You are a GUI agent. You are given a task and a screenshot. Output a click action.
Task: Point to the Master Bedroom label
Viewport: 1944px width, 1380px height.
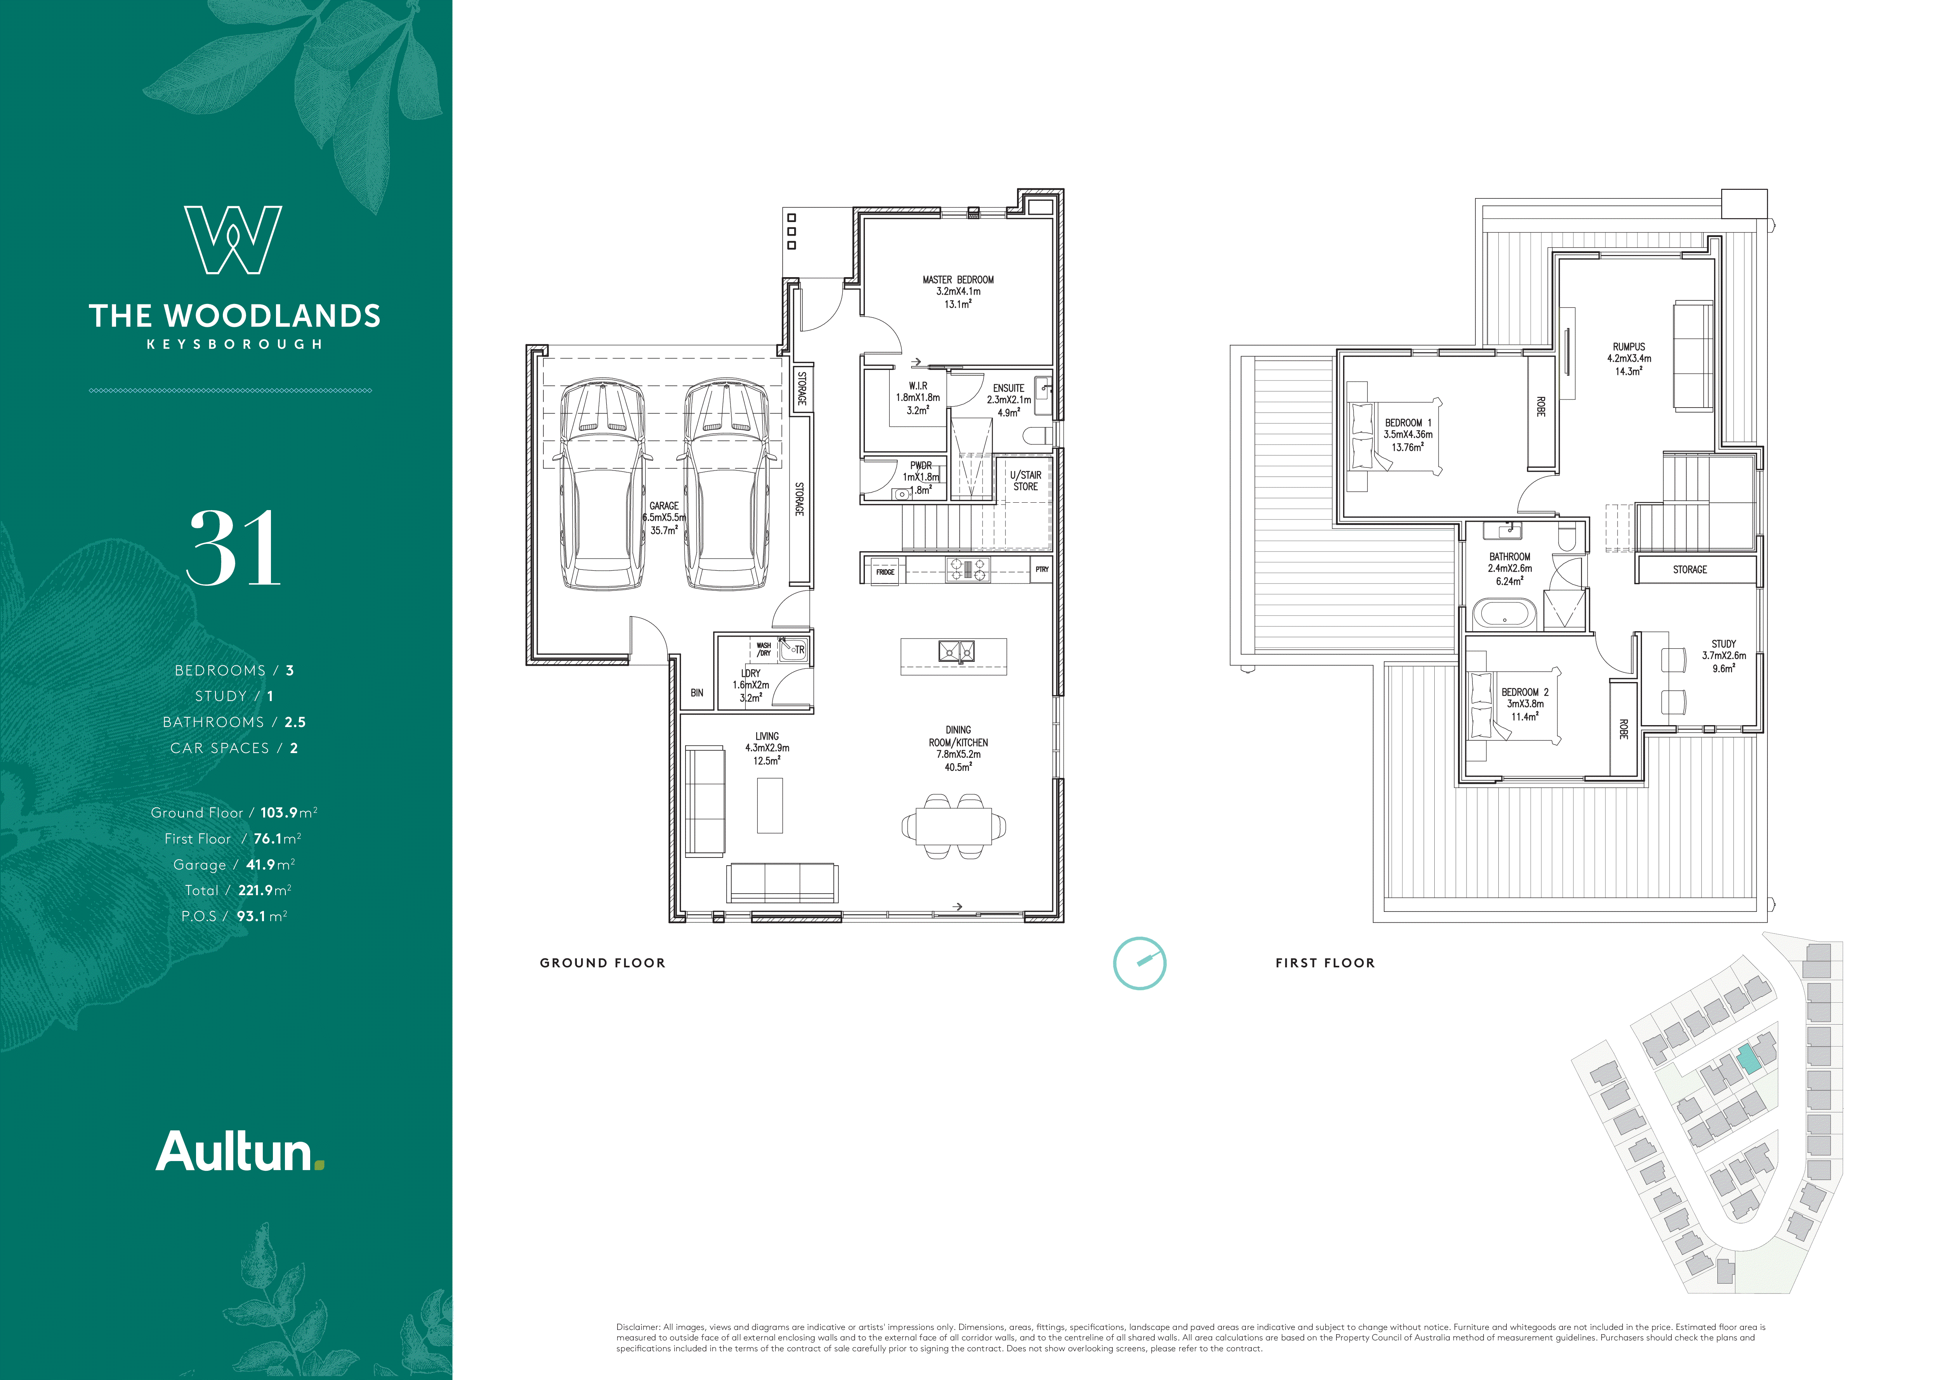tap(958, 279)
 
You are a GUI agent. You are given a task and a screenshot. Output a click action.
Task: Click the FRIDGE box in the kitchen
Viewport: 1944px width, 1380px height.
tap(885, 572)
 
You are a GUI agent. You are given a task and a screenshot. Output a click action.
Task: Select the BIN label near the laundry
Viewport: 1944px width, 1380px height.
tap(697, 693)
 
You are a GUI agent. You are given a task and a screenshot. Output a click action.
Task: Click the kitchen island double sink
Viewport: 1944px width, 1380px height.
tap(956, 652)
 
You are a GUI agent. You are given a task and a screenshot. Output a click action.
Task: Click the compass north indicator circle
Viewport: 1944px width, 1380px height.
tap(1139, 963)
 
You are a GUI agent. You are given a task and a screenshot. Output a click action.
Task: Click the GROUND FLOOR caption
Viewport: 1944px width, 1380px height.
tap(602, 963)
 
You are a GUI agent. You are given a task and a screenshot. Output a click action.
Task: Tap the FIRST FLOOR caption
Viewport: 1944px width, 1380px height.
tap(1324, 963)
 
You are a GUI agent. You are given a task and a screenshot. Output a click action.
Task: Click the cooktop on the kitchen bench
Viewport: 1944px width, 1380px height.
tap(968, 569)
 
